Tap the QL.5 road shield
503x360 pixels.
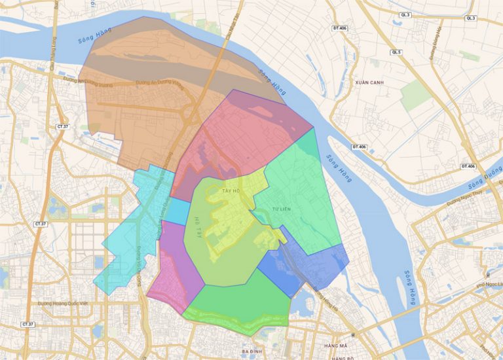pos(396,52)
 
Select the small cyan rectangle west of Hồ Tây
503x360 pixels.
pos(176,211)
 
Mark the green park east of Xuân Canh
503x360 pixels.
pos(416,96)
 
